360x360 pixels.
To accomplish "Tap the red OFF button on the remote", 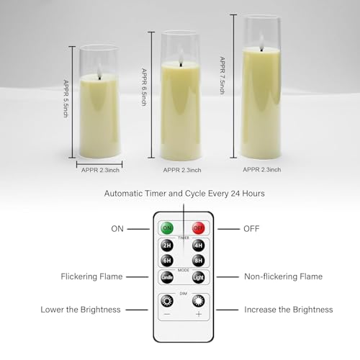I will tap(198, 228).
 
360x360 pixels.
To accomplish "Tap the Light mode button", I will tap(198, 277).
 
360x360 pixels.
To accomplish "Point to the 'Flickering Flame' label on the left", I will tap(91, 276).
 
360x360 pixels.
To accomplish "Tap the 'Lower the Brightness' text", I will tap(81, 310).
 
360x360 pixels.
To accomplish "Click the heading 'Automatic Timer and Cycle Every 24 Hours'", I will tap(184, 194).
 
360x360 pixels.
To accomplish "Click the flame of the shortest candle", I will tap(97, 69).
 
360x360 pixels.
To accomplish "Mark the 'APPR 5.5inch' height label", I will tap(65, 99).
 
